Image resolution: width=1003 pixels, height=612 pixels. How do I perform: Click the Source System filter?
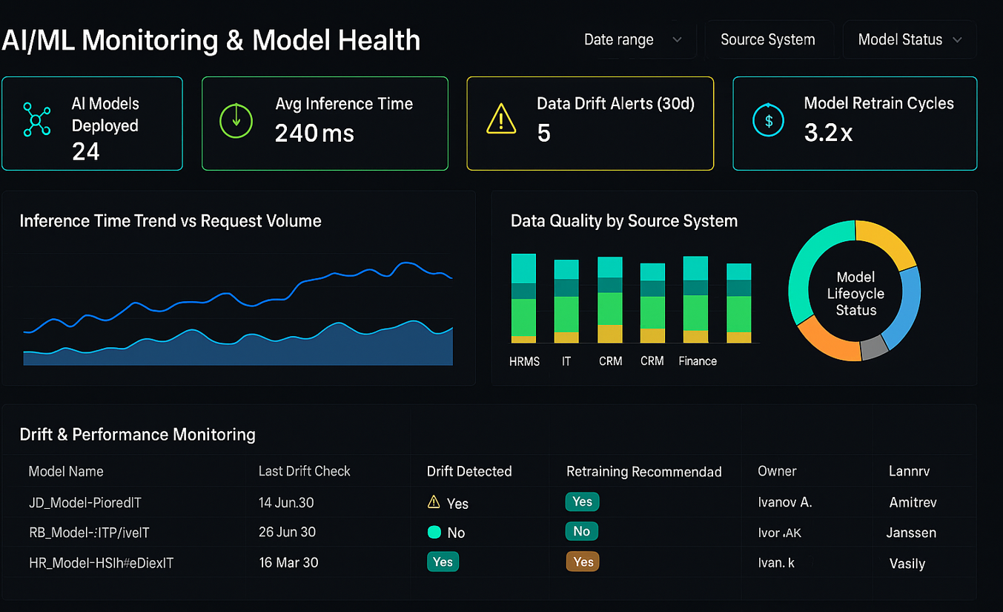point(767,40)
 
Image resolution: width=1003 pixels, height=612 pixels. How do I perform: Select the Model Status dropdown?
point(910,40)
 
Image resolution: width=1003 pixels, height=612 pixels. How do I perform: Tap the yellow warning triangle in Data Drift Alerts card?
point(501,119)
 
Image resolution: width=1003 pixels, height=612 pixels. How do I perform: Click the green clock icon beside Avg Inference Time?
point(236,119)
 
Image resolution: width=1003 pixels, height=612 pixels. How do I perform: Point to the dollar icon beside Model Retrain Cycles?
point(768,120)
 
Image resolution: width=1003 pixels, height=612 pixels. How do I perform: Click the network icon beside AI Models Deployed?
point(36,119)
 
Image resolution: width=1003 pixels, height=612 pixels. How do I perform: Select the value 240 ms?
point(314,134)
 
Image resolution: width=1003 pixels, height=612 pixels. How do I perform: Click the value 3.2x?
point(828,133)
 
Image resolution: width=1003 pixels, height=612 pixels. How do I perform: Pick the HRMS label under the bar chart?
point(524,361)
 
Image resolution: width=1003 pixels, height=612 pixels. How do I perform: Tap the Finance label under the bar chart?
point(698,361)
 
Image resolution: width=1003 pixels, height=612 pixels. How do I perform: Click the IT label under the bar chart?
point(566,361)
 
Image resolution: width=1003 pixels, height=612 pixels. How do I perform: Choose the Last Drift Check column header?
point(304,471)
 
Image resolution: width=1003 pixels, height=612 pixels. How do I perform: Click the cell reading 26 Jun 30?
point(287,532)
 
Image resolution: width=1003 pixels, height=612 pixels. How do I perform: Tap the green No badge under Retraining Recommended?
point(581,531)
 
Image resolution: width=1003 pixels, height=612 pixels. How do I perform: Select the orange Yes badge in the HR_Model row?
point(583,562)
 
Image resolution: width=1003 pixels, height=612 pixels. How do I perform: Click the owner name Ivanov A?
point(785,502)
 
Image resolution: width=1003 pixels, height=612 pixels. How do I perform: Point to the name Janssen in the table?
point(911,533)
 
